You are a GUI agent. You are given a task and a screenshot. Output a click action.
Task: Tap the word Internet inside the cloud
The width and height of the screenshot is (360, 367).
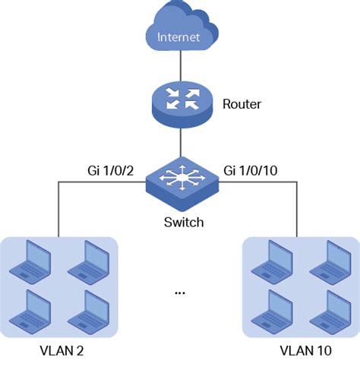(x=180, y=36)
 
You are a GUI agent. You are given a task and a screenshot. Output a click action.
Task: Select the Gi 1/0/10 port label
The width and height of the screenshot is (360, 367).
(x=253, y=172)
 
